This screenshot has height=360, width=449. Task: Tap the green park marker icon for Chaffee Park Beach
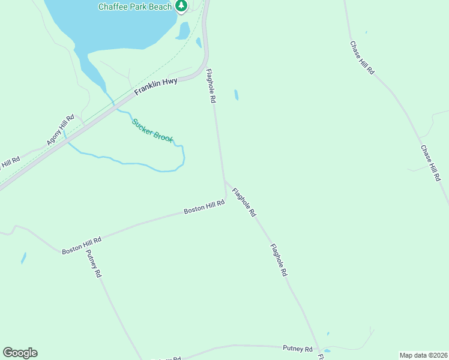pos(181,6)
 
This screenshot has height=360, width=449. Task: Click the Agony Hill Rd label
pos(60,130)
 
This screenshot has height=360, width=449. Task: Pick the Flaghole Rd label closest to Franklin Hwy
pos(211,86)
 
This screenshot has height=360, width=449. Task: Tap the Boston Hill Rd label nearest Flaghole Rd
pos(204,206)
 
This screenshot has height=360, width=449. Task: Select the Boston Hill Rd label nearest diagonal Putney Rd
pos(82,245)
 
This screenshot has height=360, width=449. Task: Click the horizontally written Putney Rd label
pos(298,349)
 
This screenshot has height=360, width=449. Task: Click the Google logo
pos(20,353)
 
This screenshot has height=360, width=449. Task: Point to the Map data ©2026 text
pos(423,355)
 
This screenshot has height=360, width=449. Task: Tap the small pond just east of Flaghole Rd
pos(237,95)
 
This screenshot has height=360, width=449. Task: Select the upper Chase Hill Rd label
pos(363,57)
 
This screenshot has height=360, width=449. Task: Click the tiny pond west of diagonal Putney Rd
pos(23,258)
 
